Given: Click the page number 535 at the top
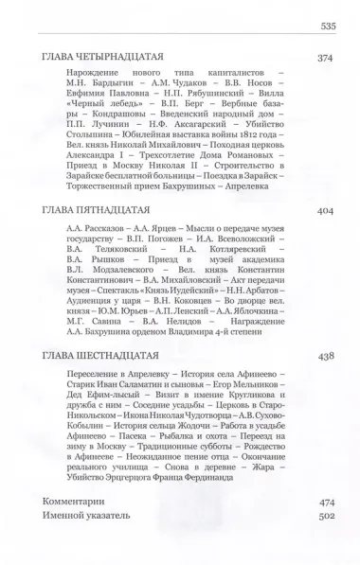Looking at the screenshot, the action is coord(328,26).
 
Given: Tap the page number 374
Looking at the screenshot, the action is coord(327,58).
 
